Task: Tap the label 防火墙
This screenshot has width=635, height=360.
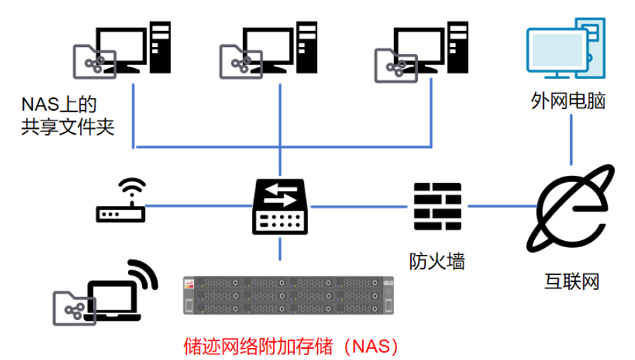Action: (x=438, y=261)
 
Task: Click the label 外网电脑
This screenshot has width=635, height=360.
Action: (x=568, y=102)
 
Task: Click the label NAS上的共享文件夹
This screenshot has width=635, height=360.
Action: (x=67, y=116)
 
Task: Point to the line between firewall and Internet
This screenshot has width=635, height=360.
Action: (x=501, y=206)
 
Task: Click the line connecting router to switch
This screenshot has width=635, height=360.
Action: (x=200, y=206)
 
